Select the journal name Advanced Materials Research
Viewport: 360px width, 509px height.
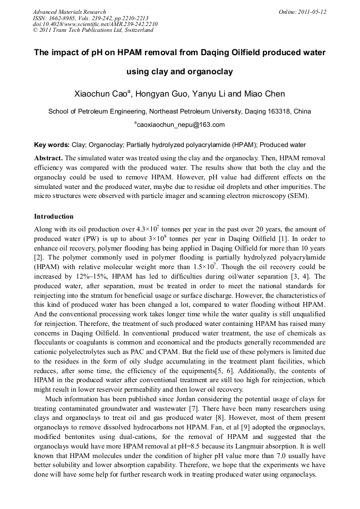(x=69, y=11)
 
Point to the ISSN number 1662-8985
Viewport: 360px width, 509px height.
(x=62, y=18)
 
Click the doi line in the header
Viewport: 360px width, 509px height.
(x=95, y=24)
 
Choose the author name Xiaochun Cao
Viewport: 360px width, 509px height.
(x=100, y=94)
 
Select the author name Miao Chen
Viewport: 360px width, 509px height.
(x=264, y=94)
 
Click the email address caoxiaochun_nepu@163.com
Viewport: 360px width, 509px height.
(x=180, y=125)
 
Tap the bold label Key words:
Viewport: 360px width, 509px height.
(x=52, y=145)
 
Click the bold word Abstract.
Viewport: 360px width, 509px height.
(x=48, y=159)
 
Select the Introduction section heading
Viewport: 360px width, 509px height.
(x=54, y=217)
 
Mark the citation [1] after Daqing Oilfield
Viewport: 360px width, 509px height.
(x=284, y=239)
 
